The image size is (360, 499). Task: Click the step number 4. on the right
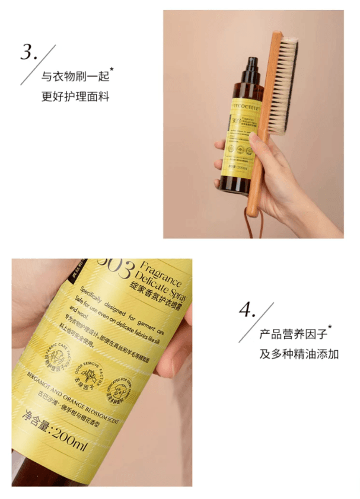click(247, 311)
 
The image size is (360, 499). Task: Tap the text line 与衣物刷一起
click(76, 76)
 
